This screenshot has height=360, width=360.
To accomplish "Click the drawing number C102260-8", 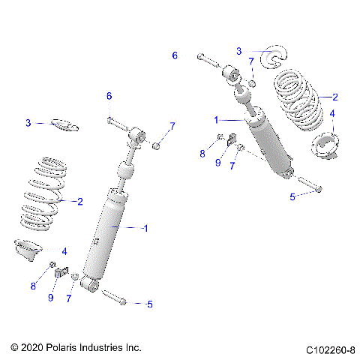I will [x=330, y=349].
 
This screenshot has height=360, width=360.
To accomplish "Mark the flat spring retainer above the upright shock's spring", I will [x=64, y=124].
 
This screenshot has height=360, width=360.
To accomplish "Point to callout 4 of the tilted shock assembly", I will [x=333, y=114].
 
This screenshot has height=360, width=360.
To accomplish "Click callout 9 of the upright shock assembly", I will [x=50, y=297].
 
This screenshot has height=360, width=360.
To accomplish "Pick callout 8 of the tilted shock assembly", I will [x=202, y=154].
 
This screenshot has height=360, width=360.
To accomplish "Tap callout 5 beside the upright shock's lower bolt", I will [x=149, y=304].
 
